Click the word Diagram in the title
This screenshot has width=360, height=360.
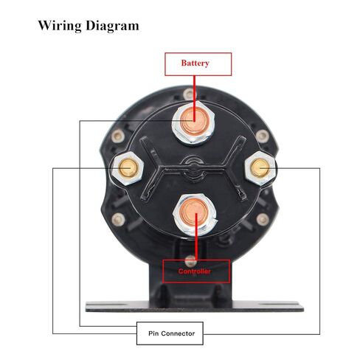coord(112,26)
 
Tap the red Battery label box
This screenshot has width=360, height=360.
coord(198,64)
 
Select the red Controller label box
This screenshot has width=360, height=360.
coord(196,271)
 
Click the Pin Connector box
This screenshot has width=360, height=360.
coord(170,333)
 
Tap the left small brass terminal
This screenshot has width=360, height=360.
coord(128,168)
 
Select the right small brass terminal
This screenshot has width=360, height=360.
coord(260,168)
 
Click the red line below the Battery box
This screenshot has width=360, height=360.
coord(194,98)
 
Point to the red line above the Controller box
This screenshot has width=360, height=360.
coord(196,237)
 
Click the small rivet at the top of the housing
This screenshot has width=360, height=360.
coord(189,94)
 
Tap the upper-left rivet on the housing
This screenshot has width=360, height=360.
coord(117,136)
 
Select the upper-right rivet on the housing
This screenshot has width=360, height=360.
coord(262,136)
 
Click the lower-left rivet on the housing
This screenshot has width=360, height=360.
coord(118,219)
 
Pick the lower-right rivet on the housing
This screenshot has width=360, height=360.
coord(263,219)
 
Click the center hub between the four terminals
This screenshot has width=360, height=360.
coord(194,169)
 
